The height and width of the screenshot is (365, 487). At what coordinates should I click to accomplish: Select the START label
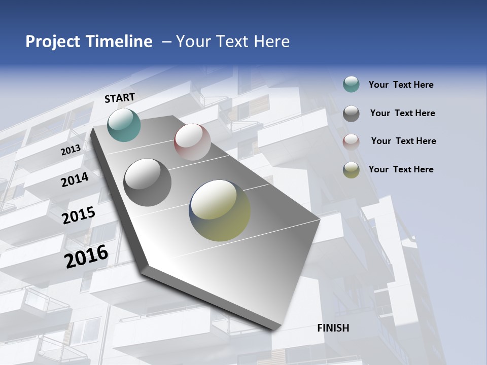[x=120, y=98]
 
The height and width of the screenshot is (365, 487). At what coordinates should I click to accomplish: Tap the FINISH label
[x=333, y=328]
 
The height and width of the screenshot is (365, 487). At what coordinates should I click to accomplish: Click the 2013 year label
[x=71, y=150]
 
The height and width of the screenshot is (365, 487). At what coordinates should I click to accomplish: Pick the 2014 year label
[x=75, y=179]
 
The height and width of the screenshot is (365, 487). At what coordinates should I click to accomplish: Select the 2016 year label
[x=86, y=257]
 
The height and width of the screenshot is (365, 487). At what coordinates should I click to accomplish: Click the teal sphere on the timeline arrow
[x=124, y=125]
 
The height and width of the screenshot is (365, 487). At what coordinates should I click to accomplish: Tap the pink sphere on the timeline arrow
[x=192, y=142]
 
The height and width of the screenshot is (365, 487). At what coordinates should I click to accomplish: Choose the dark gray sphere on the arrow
[x=148, y=182]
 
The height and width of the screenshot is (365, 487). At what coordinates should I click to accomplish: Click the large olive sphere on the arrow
[x=220, y=210]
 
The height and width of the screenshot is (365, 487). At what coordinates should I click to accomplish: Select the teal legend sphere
[x=351, y=85]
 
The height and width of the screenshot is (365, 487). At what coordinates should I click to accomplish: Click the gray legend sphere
[x=351, y=114]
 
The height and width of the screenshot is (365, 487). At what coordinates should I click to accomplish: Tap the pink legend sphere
[x=351, y=141]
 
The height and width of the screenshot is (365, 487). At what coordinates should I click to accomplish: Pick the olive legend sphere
[x=351, y=170]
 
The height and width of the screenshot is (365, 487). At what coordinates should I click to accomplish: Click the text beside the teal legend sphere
[x=401, y=85]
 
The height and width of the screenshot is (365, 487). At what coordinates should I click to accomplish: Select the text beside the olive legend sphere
[x=401, y=169]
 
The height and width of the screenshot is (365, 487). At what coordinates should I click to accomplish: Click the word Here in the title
[x=271, y=42]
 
